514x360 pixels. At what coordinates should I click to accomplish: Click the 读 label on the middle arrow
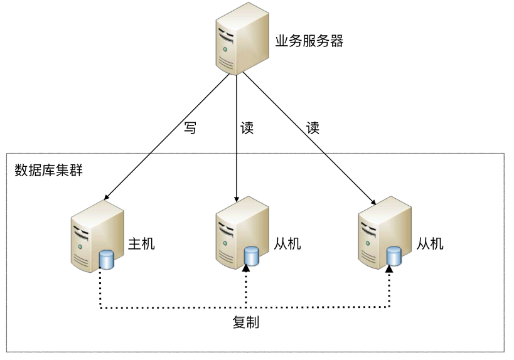click(247, 128)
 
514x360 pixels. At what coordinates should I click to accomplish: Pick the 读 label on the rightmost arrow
click(313, 128)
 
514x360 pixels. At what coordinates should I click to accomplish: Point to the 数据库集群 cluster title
click(48, 170)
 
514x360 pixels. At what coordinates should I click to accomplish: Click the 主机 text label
click(141, 243)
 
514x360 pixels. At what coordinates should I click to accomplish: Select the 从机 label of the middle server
click(287, 243)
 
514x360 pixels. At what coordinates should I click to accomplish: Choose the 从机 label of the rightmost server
click(430, 243)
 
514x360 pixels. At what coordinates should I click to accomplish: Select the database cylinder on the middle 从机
click(251, 255)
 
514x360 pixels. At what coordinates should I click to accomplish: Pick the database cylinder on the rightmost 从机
click(394, 255)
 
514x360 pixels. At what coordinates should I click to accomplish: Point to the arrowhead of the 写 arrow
click(106, 196)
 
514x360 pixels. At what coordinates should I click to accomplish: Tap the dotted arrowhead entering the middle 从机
click(247, 268)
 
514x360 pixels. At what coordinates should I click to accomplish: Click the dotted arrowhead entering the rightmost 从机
click(389, 268)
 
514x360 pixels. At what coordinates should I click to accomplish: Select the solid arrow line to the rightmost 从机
click(308, 138)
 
